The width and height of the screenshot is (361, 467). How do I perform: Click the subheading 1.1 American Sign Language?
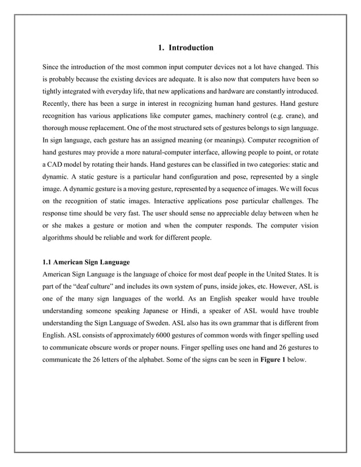tap(87, 262)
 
